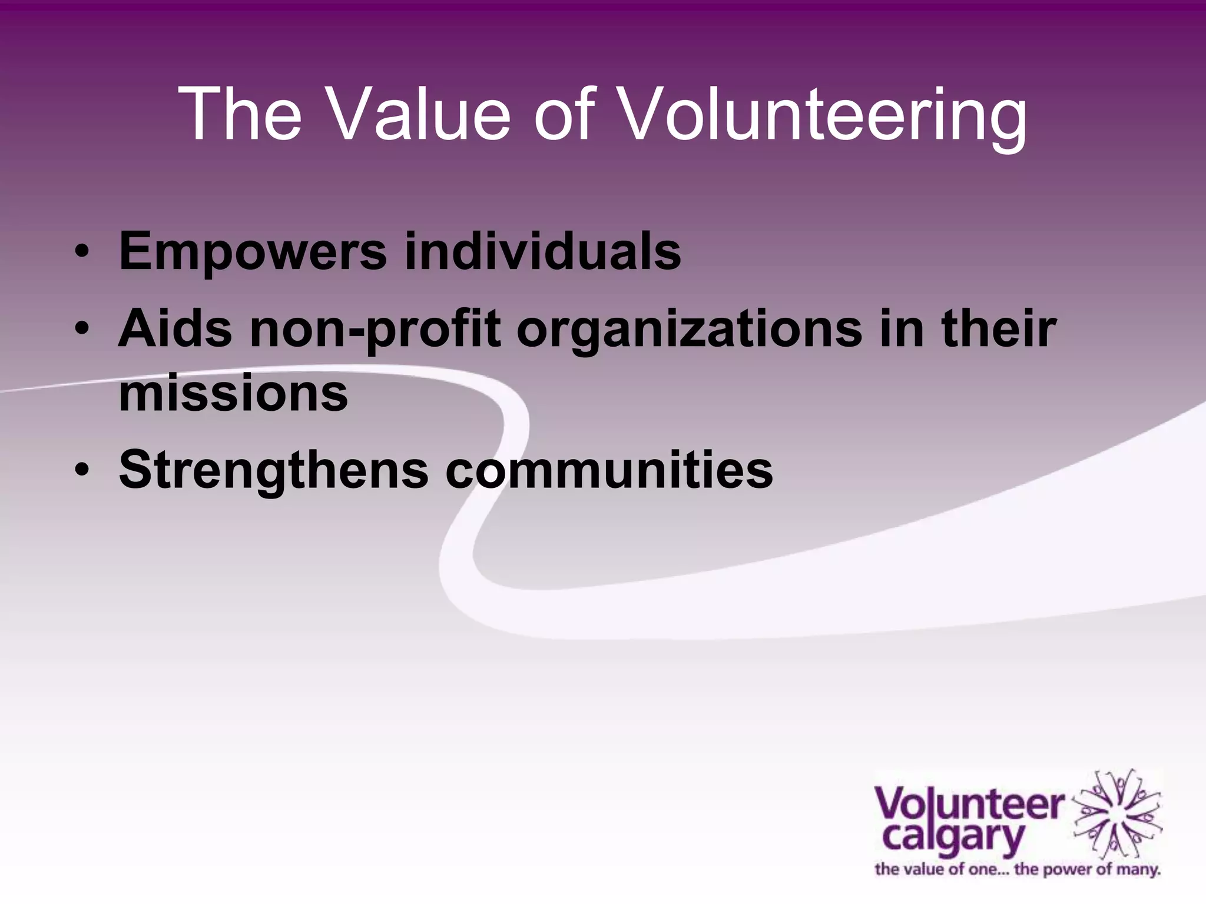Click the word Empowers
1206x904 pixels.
tap(253, 252)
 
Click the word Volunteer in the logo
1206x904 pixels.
tap(969, 806)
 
